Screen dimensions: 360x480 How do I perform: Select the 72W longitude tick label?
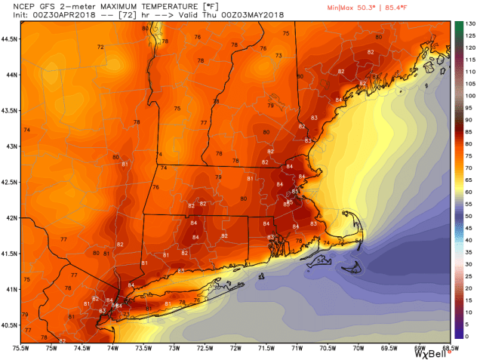click(235, 348)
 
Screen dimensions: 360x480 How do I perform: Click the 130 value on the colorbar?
click(469, 24)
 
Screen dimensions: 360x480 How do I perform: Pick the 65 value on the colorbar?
click(469, 180)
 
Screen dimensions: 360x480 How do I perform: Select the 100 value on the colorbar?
click(469, 96)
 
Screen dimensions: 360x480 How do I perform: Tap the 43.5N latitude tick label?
click(10, 110)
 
